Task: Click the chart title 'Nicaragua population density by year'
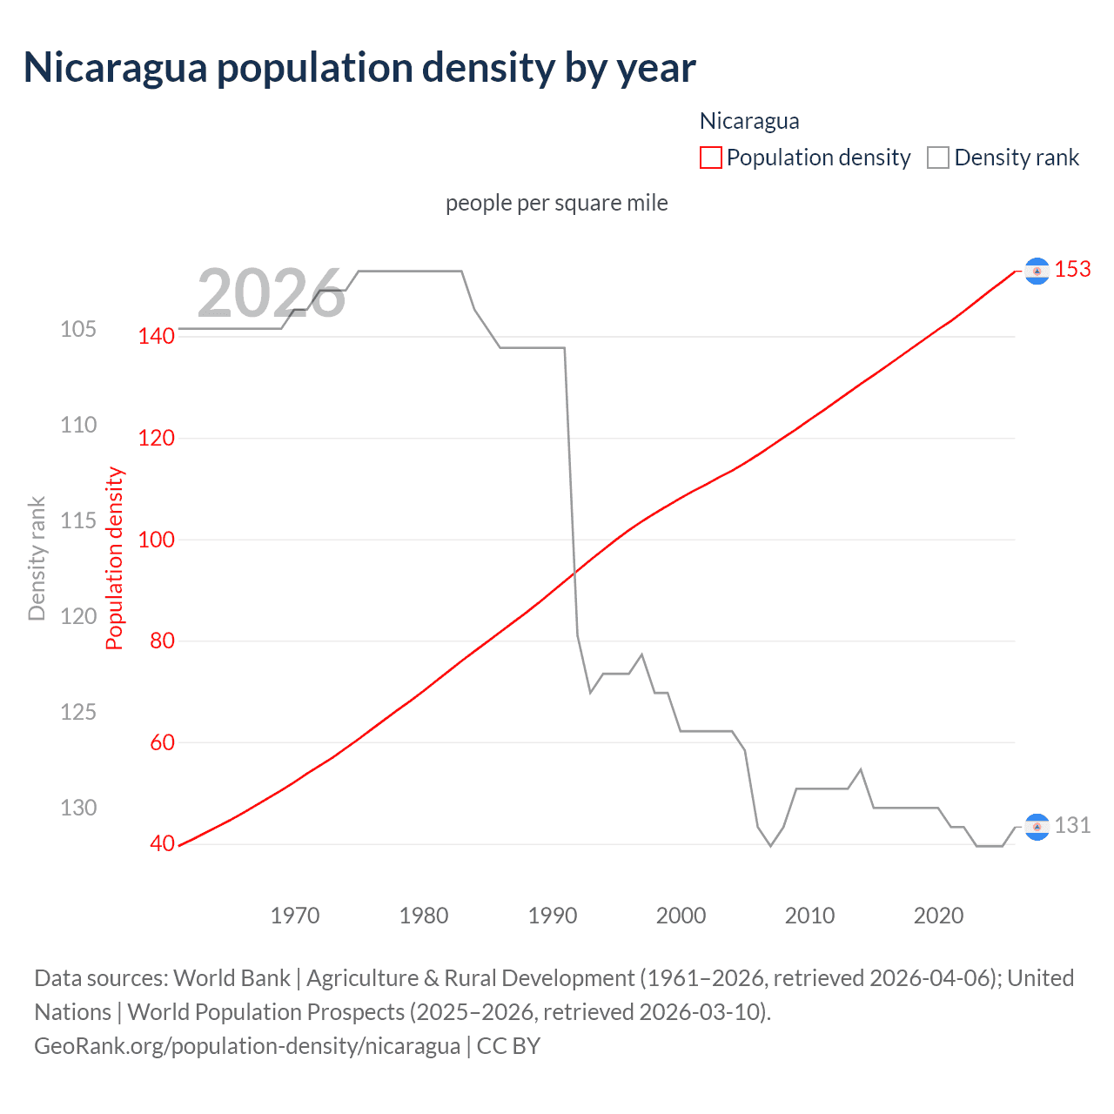tap(359, 68)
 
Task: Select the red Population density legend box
tap(711, 158)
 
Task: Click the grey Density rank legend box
tap(937, 158)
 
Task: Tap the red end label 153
tap(1072, 270)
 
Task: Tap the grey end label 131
tap(1072, 825)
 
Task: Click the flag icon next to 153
tap(1036, 272)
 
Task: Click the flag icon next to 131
tap(1036, 827)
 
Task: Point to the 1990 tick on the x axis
tap(553, 916)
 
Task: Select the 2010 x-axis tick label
tap(809, 916)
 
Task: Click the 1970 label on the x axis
tap(295, 916)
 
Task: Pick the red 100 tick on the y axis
tap(157, 540)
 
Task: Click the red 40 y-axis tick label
tap(162, 844)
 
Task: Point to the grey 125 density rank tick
tap(78, 712)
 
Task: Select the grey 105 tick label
tap(78, 330)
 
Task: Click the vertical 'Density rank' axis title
tap(37, 559)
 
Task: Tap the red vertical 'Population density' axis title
tap(115, 559)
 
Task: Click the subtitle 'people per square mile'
tap(557, 203)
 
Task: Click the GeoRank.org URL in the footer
tap(247, 1045)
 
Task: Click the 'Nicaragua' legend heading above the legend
tap(749, 121)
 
